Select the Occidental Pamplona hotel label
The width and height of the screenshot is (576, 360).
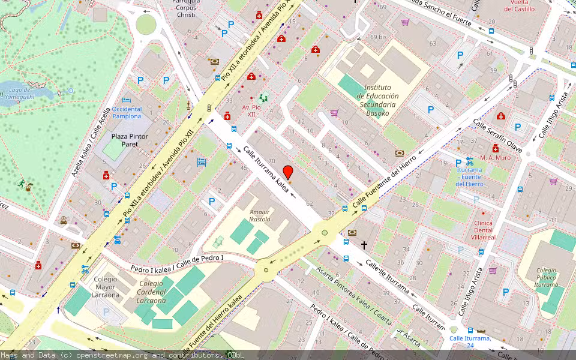click(127, 112)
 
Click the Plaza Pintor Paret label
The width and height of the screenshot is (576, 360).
click(129, 140)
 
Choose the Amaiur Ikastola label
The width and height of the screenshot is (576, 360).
click(260, 216)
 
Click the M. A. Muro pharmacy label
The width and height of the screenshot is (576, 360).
click(495, 158)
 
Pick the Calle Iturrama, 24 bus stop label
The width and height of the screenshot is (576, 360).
click(470, 342)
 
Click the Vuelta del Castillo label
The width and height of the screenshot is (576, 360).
click(520, 5)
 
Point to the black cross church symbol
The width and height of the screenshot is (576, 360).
click(364, 245)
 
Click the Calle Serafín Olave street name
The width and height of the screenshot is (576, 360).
click(497, 135)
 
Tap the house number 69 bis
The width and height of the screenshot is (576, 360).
click(378, 37)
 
